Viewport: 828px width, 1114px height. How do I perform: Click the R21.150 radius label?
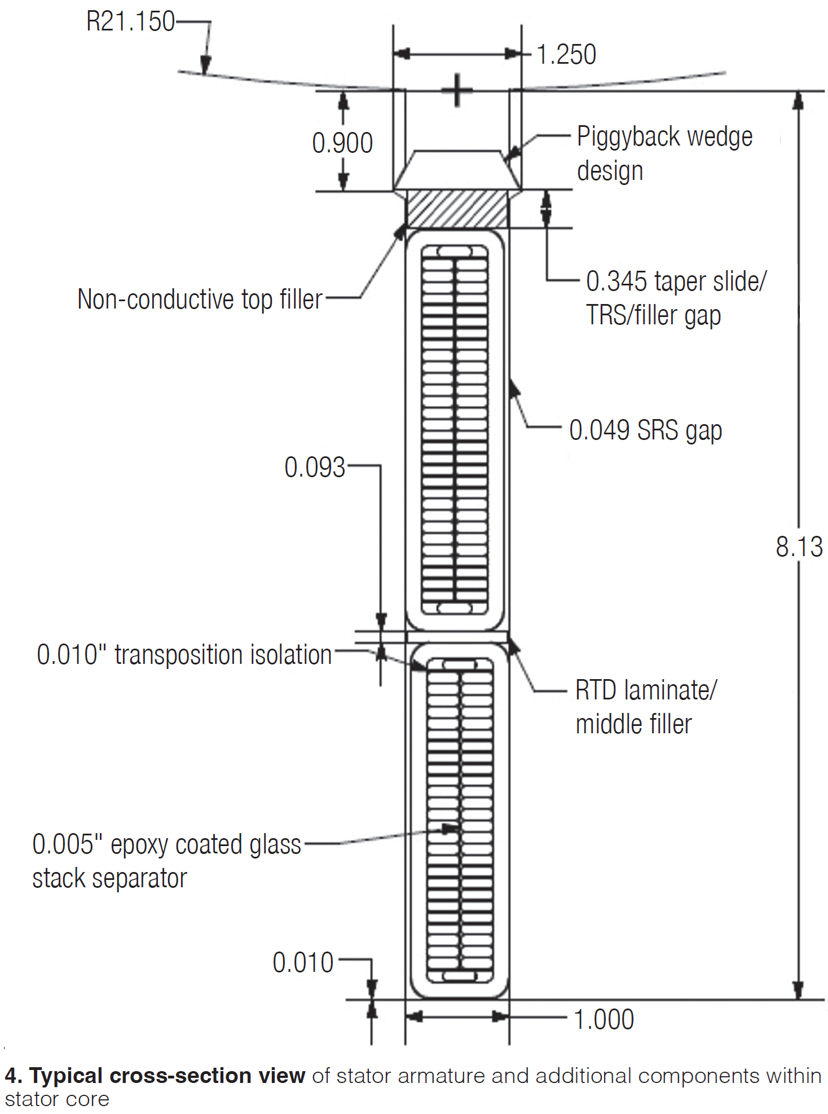[x=130, y=22]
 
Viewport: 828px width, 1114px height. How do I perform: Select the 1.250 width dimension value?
[x=566, y=55]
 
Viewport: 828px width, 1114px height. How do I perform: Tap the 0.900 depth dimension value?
[x=342, y=143]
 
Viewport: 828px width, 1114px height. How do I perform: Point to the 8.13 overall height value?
[x=799, y=547]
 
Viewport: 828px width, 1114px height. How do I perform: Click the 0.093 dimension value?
[x=314, y=468]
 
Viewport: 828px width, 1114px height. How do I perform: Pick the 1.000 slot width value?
[x=604, y=1020]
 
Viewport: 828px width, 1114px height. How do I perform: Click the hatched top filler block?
[x=457, y=209]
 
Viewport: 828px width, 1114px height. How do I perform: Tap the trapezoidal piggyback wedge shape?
[x=457, y=169]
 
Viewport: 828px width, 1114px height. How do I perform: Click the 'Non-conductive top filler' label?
[x=200, y=299]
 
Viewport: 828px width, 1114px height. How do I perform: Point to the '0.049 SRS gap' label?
[x=645, y=430]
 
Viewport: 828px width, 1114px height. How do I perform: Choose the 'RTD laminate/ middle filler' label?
[x=645, y=707]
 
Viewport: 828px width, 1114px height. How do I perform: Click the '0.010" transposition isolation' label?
[x=184, y=655]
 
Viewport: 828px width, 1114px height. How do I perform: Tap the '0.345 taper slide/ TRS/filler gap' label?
[x=676, y=298]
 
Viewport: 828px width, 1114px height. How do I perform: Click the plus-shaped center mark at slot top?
[x=457, y=90]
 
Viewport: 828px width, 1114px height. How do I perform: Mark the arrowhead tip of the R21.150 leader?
[x=205, y=73]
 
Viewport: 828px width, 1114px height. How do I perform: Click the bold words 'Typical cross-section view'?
[x=167, y=1076]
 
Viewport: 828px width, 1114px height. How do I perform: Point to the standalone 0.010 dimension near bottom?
[x=303, y=963]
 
